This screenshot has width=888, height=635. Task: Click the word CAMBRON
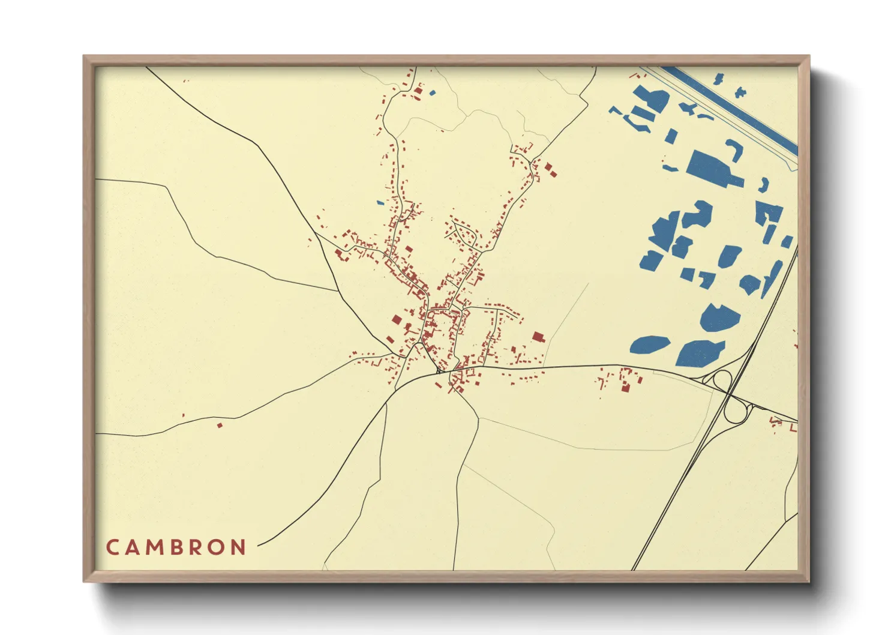176,547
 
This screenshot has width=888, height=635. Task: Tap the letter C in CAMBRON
112,547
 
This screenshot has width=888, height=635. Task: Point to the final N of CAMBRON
239,547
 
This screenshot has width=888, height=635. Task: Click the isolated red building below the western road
220,425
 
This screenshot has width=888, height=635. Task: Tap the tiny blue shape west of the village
380,203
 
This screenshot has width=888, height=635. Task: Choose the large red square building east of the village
538,337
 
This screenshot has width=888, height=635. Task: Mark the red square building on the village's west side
397,320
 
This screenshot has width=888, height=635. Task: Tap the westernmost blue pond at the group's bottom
649,345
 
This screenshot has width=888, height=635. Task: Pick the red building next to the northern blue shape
418,92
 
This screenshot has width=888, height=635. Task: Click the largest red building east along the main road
625,388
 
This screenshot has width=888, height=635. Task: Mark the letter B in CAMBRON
176,547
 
